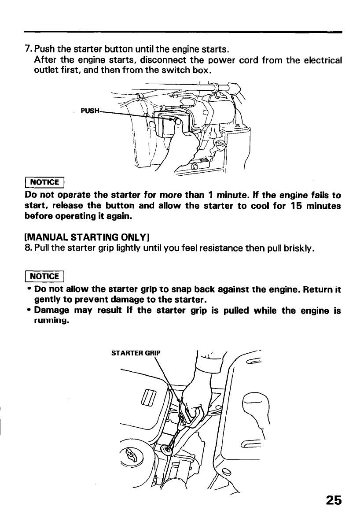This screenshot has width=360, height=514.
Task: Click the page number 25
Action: [334, 500]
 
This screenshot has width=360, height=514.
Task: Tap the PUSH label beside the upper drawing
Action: [90, 110]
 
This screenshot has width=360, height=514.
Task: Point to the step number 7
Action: [26, 48]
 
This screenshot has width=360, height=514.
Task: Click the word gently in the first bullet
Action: [49, 300]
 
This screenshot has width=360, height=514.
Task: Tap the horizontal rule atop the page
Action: [183, 32]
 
